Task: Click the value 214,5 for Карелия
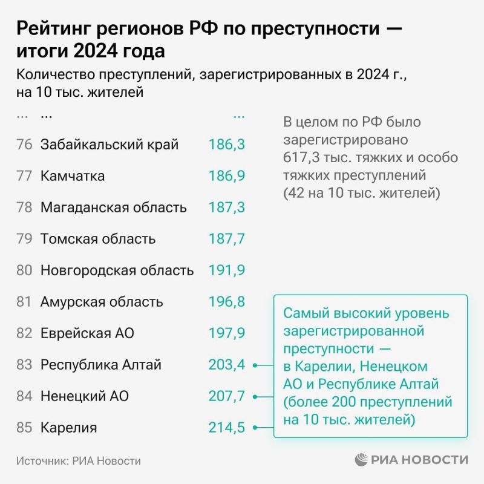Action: click(226, 428)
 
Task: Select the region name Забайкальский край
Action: click(110, 145)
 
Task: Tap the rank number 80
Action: click(24, 270)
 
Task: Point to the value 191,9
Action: click(226, 270)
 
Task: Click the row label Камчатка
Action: click(73, 176)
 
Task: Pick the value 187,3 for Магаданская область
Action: click(226, 208)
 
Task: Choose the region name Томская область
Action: click(98, 239)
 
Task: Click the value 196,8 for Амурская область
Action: click(226, 302)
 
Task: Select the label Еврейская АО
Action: click(87, 333)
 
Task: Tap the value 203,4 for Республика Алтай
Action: click(226, 365)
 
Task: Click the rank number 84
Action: click(24, 396)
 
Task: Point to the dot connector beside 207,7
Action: click(256, 397)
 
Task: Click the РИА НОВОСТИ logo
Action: click(412, 460)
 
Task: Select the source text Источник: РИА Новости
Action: click(79, 461)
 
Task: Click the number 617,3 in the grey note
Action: click(301, 157)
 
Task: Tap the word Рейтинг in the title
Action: click(52, 28)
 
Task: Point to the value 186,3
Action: click(226, 145)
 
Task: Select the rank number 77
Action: click(24, 176)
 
